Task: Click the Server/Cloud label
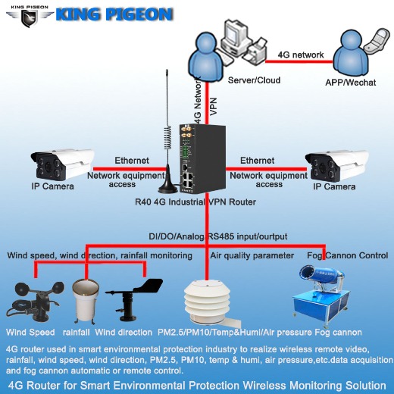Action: coord(254,80)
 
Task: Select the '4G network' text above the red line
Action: coord(301,55)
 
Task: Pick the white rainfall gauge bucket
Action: coord(83,299)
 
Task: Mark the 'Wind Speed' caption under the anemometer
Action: coord(30,333)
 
